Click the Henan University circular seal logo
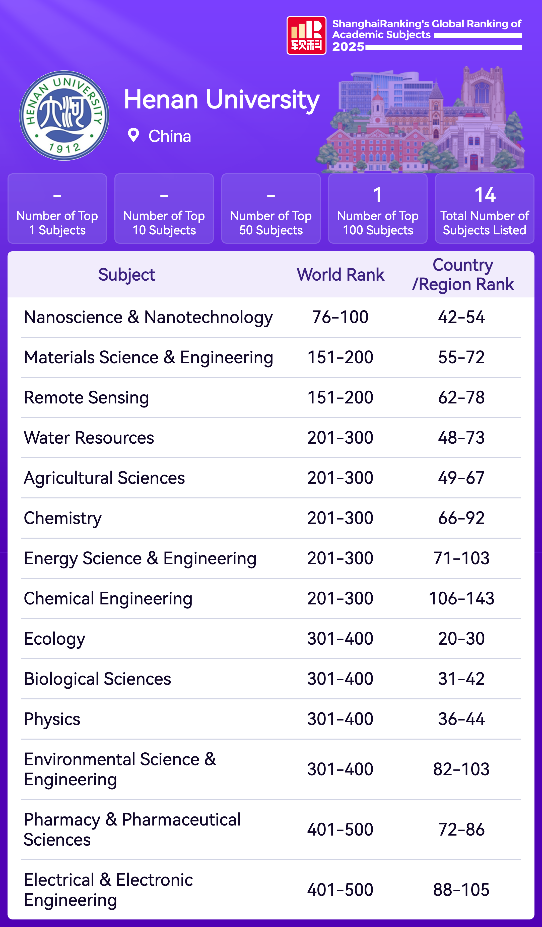[x=64, y=116]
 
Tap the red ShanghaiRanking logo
[x=306, y=35]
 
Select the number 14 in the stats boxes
[x=485, y=195]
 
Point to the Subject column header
[x=126, y=275]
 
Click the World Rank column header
[x=340, y=275]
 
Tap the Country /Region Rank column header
[x=463, y=275]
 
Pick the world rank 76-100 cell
[x=340, y=317]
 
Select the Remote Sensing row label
[x=86, y=398]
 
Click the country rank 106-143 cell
[x=461, y=598]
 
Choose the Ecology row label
[x=54, y=639]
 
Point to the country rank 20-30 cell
[x=461, y=639]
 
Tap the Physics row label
[x=52, y=719]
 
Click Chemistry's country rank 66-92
[x=461, y=518]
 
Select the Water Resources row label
[x=89, y=438]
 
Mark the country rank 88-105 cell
[x=461, y=890]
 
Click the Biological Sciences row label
[x=97, y=679]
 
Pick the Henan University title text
[x=222, y=100]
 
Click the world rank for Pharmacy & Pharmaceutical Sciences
[x=340, y=830]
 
